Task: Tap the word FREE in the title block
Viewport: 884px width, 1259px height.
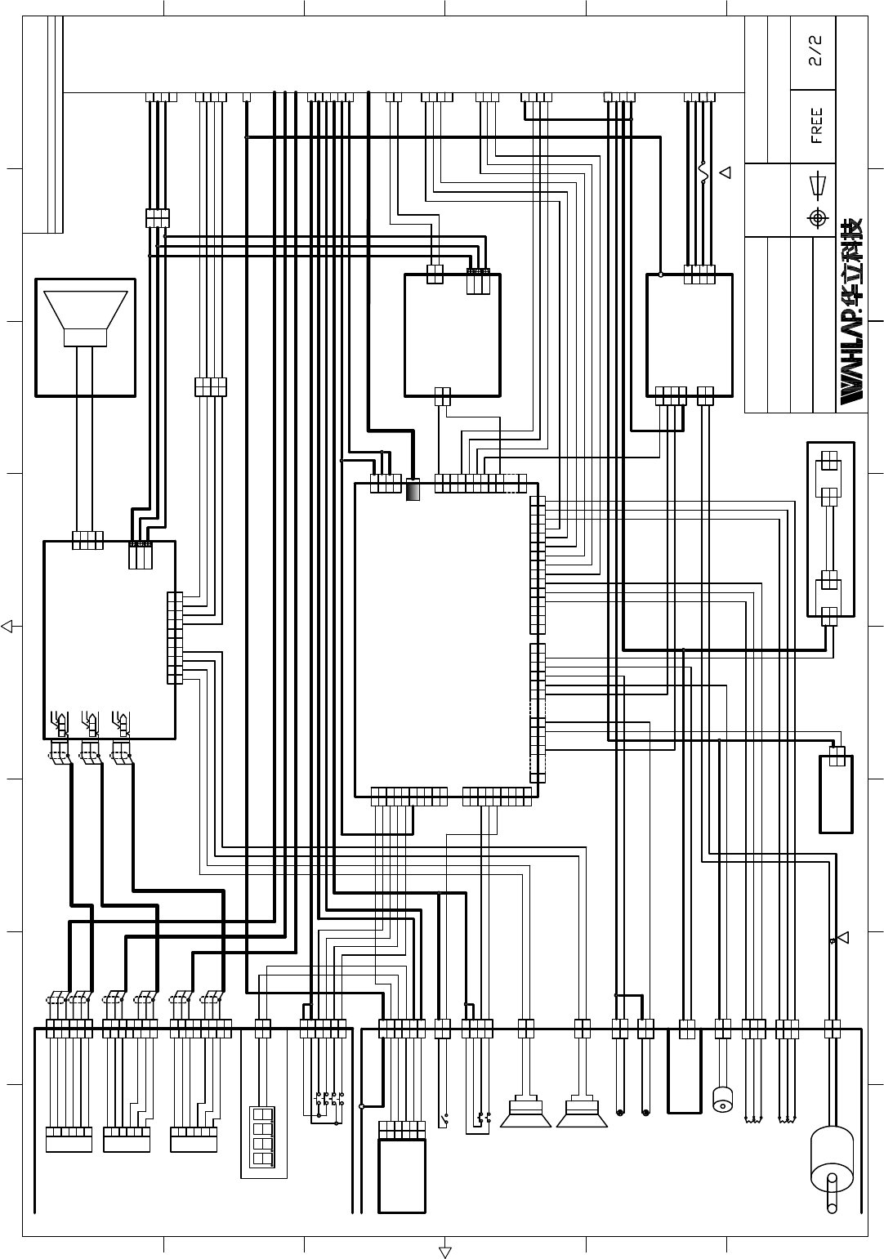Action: click(x=815, y=126)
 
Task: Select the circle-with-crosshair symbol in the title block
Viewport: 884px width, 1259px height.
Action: click(x=815, y=218)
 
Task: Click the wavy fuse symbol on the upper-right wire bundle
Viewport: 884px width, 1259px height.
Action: click(x=703, y=172)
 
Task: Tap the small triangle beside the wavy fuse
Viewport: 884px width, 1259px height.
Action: click(x=724, y=172)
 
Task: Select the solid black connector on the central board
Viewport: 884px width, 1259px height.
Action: click(x=413, y=489)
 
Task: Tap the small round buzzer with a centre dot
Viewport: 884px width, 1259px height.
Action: click(x=723, y=1100)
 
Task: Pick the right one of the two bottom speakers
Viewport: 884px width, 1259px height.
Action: click(x=582, y=1113)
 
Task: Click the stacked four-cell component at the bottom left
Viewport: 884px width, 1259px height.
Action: click(x=262, y=1140)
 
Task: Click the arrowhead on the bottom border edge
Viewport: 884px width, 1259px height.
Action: click(x=445, y=1252)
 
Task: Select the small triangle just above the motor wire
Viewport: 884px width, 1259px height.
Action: click(x=842, y=937)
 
